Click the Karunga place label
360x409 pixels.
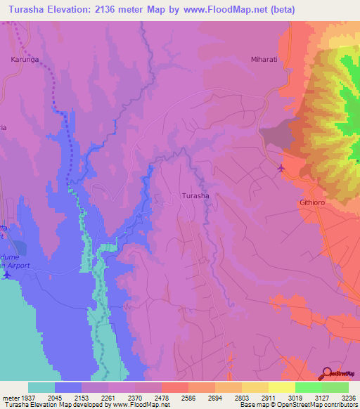click(25, 60)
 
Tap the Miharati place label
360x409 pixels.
click(265, 60)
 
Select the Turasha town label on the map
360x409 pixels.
click(195, 196)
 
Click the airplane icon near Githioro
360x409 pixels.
click(282, 168)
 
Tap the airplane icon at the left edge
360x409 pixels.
click(7, 273)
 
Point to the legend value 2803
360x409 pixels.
click(248, 397)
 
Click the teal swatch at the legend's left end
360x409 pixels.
click(41, 387)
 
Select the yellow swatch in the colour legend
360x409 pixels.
click(281, 387)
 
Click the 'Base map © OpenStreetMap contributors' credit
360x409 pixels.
click(297, 405)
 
